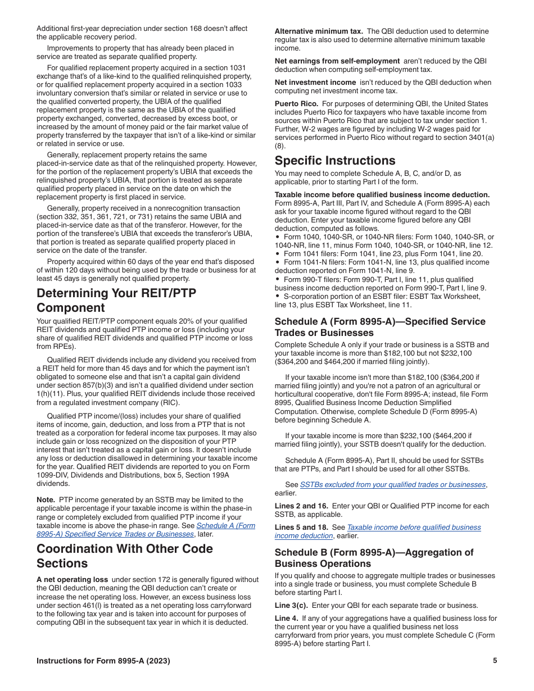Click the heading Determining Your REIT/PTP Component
116,301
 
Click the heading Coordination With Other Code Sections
125,556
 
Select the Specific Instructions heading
335,161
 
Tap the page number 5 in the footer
495,661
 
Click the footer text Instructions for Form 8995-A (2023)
103,661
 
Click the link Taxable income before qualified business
414,528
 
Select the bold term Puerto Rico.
296,104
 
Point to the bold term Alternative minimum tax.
318,31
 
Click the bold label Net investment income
315,83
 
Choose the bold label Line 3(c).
291,606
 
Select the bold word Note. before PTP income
46,499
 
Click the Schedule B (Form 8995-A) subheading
374,558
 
